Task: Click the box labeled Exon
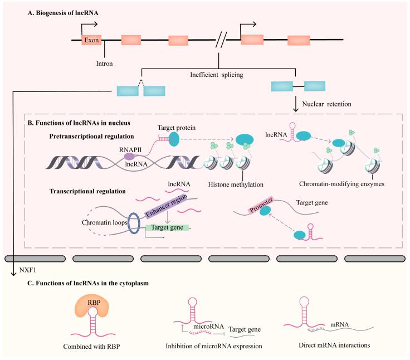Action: click(x=91, y=40)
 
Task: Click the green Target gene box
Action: click(x=167, y=228)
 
